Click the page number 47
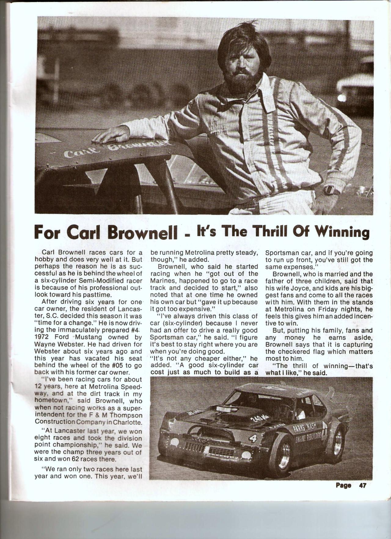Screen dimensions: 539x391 pyautogui.click(x=363, y=485)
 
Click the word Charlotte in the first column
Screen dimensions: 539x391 pyautogui.click(x=129, y=422)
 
